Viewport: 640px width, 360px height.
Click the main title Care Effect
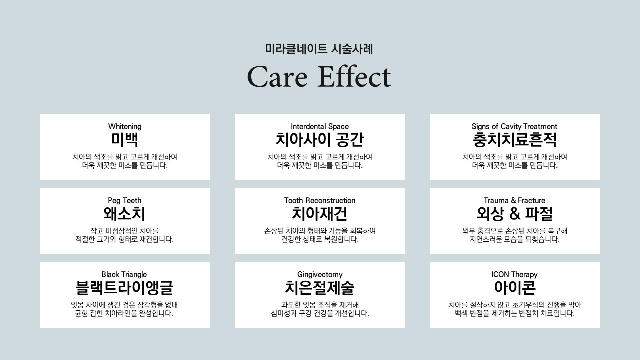coord(319,76)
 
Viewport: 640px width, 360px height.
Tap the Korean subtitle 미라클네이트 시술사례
coord(319,49)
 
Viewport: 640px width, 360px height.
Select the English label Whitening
coord(125,126)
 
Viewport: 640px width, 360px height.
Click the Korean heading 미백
coord(125,140)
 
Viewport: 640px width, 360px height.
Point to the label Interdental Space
coord(320,126)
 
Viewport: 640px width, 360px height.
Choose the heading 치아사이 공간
coord(320,140)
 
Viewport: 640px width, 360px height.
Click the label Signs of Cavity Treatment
coord(514,126)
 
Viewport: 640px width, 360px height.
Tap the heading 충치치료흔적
coord(515,140)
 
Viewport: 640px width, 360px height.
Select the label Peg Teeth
coord(125,200)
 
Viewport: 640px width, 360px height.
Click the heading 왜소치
coord(124,214)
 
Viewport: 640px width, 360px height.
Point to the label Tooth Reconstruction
coord(320,200)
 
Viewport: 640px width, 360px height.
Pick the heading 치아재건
coord(319,214)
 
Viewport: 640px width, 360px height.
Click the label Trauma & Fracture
coord(514,200)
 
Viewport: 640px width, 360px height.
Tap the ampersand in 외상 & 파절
coord(515,214)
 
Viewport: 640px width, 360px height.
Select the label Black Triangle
coord(124,274)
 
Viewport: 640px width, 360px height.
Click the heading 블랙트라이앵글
coord(124,288)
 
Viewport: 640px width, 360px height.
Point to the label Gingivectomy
coord(320,275)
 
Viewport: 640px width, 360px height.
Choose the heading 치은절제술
coord(319,288)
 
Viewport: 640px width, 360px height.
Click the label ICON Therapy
coord(514,275)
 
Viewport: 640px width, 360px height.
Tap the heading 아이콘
coord(515,288)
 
